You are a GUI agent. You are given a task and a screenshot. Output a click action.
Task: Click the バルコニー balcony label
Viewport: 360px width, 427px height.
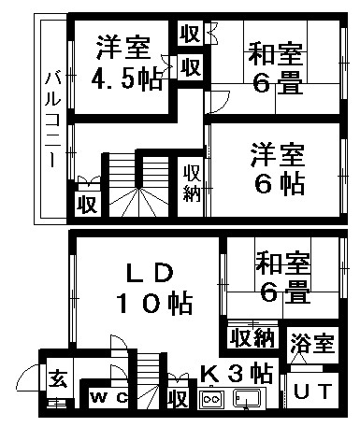pyautogui.click(x=51, y=121)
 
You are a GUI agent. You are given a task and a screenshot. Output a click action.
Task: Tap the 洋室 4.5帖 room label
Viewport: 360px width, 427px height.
pyautogui.click(x=126, y=64)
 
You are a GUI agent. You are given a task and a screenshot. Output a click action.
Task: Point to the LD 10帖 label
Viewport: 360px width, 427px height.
pyautogui.click(x=154, y=289)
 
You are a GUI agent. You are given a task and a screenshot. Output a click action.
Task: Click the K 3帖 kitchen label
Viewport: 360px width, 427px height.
pyautogui.click(x=237, y=373)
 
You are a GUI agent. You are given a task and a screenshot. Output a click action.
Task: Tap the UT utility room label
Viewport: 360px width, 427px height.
pyautogui.click(x=312, y=391)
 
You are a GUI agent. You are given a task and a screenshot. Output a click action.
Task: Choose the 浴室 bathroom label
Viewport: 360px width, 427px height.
pyautogui.click(x=312, y=343)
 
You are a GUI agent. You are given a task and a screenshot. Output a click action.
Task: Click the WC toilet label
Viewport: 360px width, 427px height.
pyautogui.click(x=108, y=397)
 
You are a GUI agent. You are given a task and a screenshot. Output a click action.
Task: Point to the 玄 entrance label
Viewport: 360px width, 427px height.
pyautogui.click(x=58, y=377)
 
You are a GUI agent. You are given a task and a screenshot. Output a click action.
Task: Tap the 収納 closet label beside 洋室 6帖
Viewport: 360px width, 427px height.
pyautogui.click(x=192, y=183)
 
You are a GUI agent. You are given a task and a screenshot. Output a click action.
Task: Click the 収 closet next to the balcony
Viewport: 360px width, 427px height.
pyautogui.click(x=88, y=204)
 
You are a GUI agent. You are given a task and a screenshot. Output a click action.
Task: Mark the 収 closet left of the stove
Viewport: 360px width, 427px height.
pyautogui.click(x=178, y=398)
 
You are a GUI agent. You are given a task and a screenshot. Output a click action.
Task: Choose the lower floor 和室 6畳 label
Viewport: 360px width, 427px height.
pyautogui.click(x=282, y=278)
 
